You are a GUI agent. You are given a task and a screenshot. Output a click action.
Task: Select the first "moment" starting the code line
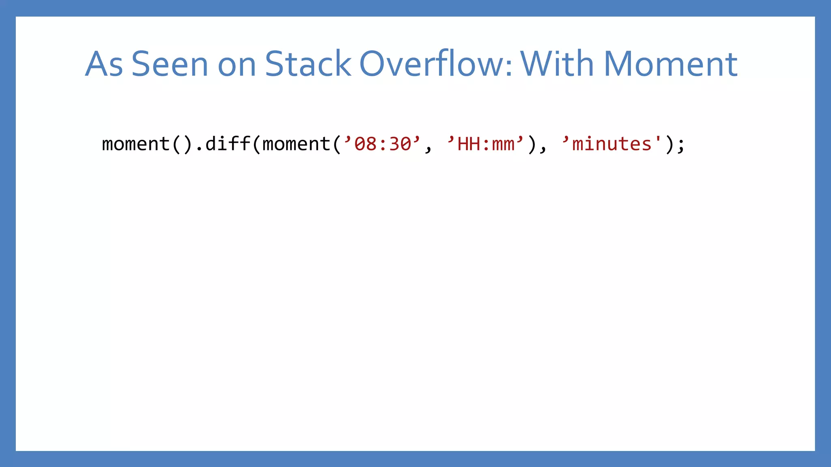coord(136,144)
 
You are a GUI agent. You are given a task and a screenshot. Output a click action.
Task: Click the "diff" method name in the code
coord(228,144)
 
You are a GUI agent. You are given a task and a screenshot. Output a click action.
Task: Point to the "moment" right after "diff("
coord(296,144)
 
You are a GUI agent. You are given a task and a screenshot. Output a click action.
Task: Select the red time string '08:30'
coord(383,144)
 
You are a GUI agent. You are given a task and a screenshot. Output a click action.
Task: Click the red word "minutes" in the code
coord(611,144)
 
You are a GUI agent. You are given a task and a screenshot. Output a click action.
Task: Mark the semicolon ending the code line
coord(680,145)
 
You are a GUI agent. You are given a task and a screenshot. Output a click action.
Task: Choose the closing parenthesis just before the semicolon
coord(669,144)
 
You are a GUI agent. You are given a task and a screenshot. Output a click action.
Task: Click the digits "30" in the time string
coord(400,144)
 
